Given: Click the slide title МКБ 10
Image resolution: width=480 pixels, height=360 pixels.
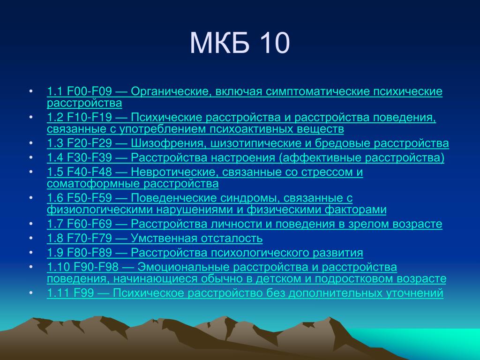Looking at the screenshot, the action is coord(240,43).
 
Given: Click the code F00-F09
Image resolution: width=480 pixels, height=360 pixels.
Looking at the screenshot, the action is coord(90,91).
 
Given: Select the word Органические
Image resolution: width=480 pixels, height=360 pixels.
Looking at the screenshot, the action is coord(172,92).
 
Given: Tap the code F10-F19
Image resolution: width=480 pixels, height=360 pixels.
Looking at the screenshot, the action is coord(90,117).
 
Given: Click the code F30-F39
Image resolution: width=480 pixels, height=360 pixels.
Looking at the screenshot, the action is coord(90,157).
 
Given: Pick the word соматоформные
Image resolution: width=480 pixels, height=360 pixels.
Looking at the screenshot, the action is coord(93,184).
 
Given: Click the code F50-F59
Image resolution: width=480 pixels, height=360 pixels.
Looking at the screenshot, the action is coord(90,198).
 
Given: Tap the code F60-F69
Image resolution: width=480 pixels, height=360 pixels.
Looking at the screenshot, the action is coord(90,224).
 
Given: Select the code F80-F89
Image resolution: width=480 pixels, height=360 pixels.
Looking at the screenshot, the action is coord(90,253).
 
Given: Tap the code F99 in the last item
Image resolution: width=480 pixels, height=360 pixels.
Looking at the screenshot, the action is coord(83,293).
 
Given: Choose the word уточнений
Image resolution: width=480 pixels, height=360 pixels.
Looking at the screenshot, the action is coord(414,293).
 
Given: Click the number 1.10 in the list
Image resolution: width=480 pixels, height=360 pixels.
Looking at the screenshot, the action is coord(58,267).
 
